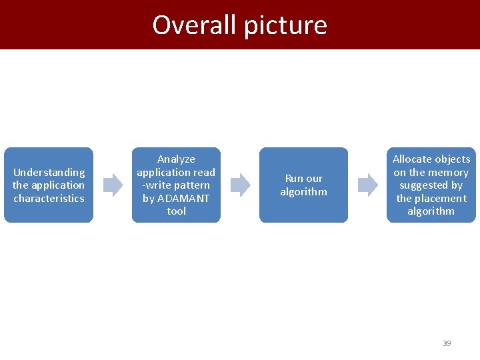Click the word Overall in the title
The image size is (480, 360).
(x=195, y=25)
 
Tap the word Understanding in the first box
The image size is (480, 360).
(x=49, y=172)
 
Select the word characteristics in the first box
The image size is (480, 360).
(x=49, y=198)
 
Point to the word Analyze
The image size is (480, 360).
(x=176, y=159)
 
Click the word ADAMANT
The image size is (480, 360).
(x=183, y=198)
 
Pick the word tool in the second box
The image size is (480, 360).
(x=176, y=211)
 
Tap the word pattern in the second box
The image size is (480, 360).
(x=193, y=185)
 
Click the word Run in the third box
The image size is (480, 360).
(x=294, y=179)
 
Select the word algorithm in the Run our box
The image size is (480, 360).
(x=303, y=192)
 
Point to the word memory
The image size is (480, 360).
(x=449, y=172)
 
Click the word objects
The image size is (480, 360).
(x=453, y=159)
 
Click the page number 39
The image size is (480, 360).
(x=447, y=343)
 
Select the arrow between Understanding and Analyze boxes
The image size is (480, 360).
(x=113, y=185)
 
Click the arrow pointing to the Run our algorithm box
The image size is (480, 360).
(x=241, y=185)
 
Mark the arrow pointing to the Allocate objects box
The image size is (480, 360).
(x=367, y=185)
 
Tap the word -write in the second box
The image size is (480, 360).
(x=157, y=185)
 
